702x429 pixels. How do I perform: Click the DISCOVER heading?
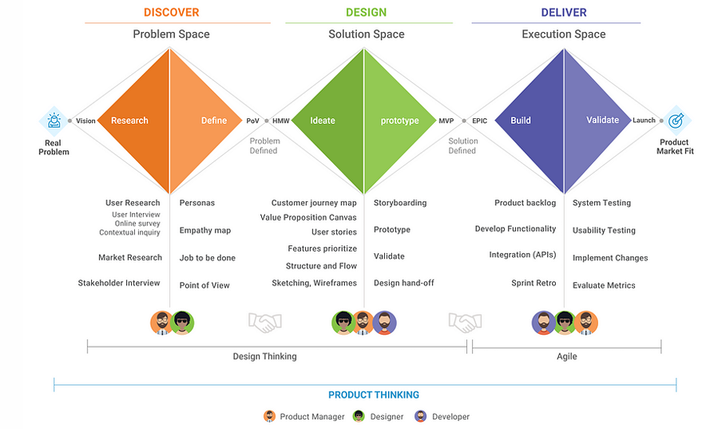click(x=171, y=13)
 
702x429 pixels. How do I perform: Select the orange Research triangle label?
click(x=129, y=121)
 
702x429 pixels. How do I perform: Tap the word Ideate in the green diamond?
click(x=323, y=121)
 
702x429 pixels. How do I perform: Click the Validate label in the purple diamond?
click(x=602, y=120)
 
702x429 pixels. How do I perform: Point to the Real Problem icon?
click(x=54, y=121)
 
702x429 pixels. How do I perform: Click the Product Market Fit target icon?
click(x=676, y=121)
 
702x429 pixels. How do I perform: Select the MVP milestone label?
click(x=446, y=121)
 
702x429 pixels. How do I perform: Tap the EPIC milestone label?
click(x=479, y=121)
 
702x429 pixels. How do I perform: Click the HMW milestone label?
click(x=280, y=121)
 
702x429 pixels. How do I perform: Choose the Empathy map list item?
click(x=205, y=230)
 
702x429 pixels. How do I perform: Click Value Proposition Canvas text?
click(x=308, y=217)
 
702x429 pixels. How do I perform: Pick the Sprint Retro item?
click(x=533, y=283)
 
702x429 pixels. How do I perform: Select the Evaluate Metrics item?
click(x=604, y=285)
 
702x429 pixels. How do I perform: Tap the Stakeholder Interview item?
click(x=119, y=283)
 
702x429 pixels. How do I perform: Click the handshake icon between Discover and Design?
click(x=264, y=322)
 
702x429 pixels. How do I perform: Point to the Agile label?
click(x=566, y=356)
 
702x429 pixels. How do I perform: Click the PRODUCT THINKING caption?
click(x=374, y=395)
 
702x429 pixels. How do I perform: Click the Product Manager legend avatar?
click(x=269, y=416)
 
